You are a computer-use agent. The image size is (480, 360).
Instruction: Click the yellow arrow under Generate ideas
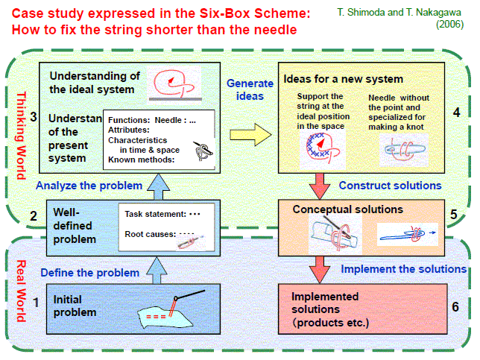pyautogui.click(x=250, y=134)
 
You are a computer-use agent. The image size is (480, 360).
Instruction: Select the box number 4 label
pyautogui.click(x=456, y=113)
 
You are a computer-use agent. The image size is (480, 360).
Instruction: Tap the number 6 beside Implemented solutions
pyautogui.click(x=455, y=306)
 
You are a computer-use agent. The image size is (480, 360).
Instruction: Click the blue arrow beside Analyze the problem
pyautogui.click(x=158, y=187)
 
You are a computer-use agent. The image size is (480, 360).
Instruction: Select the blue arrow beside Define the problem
pyautogui.click(x=157, y=271)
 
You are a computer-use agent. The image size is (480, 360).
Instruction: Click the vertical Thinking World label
pyautogui.click(x=21, y=136)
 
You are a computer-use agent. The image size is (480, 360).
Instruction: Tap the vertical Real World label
pyautogui.click(x=21, y=291)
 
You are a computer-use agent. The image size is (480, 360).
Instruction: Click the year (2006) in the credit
pyautogui.click(x=449, y=24)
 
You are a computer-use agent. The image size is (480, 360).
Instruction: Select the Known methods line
pyautogui.click(x=141, y=160)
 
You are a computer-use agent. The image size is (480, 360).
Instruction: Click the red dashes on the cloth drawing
pyautogui.click(x=156, y=317)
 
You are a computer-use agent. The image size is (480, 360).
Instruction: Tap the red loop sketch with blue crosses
pyautogui.click(x=323, y=148)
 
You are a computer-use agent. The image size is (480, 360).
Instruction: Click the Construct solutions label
pyautogui.click(x=390, y=185)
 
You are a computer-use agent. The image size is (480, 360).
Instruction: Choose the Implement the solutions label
pyautogui.click(x=403, y=269)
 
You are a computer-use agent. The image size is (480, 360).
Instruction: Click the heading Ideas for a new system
pyautogui.click(x=343, y=79)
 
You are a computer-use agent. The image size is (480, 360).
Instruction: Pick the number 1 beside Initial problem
pyautogui.click(x=36, y=303)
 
